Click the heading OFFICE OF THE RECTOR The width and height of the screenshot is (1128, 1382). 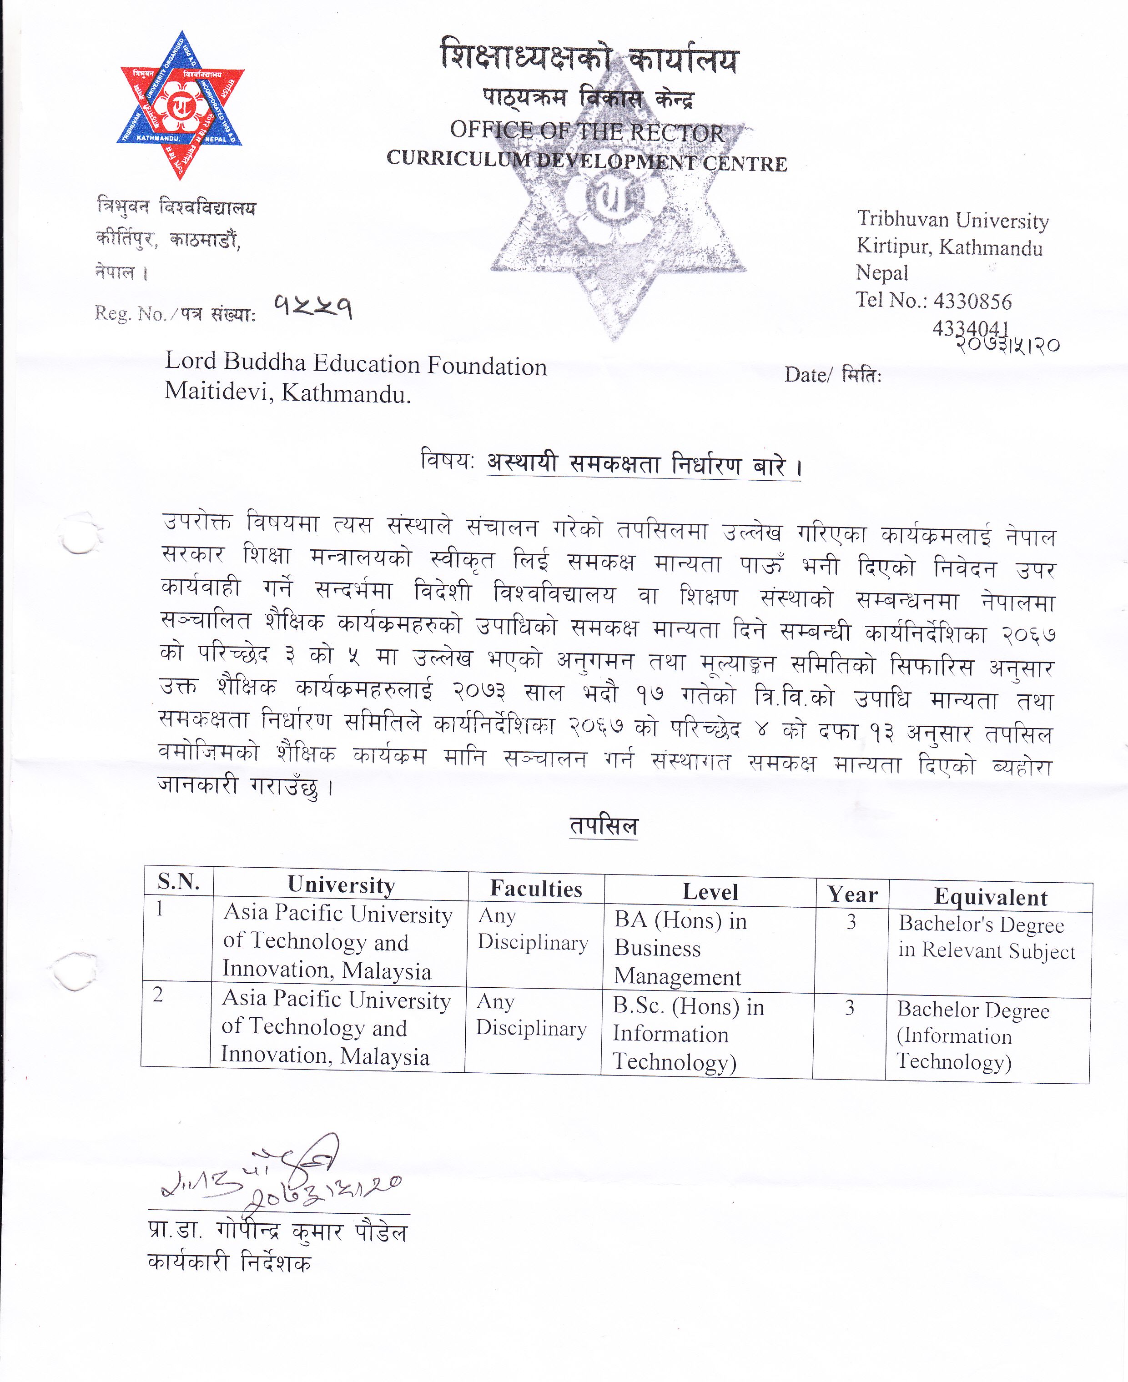586,131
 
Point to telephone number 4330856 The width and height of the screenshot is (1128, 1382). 973,302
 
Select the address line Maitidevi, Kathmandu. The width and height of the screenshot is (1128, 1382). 288,392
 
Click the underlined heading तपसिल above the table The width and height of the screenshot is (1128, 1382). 604,826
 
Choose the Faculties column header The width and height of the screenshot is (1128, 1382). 536,888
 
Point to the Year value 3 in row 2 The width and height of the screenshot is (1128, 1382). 849,1008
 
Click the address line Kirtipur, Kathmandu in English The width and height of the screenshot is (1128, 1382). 949,247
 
